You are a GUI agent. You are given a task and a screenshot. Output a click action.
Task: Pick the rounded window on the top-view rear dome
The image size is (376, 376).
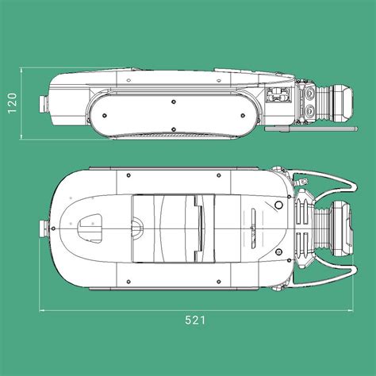(x=90, y=227)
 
